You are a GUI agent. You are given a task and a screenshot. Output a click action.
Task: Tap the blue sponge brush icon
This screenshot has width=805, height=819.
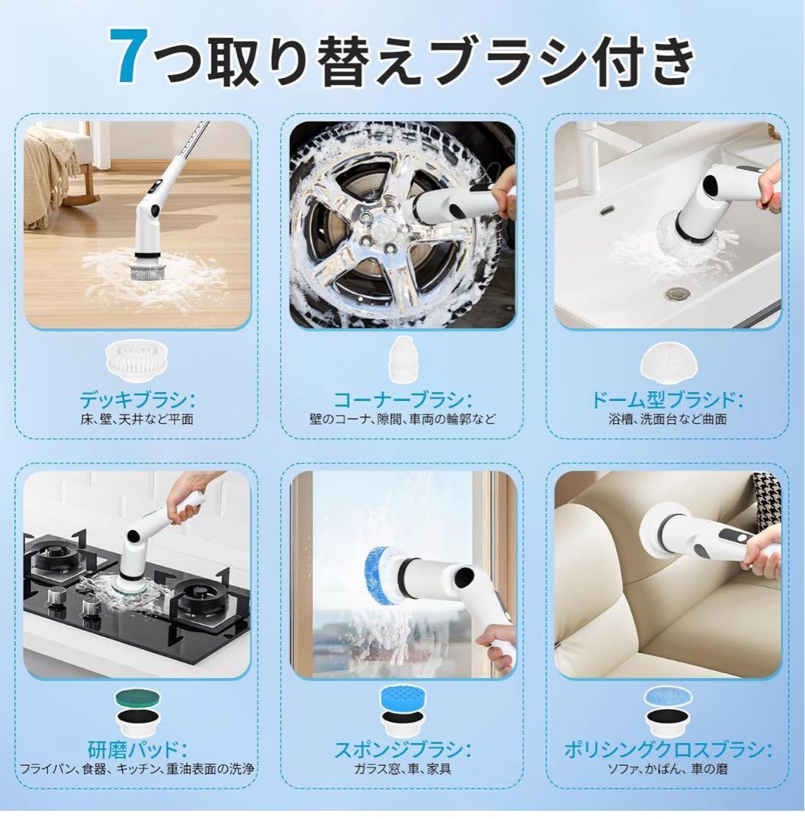pos(402,700)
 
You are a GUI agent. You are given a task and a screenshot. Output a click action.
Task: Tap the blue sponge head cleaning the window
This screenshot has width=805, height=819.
pos(381,576)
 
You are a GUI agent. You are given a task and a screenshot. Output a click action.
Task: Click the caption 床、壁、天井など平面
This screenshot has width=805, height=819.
pos(137,419)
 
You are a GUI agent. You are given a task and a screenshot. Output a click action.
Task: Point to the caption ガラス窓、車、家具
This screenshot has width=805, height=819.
pos(402,769)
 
